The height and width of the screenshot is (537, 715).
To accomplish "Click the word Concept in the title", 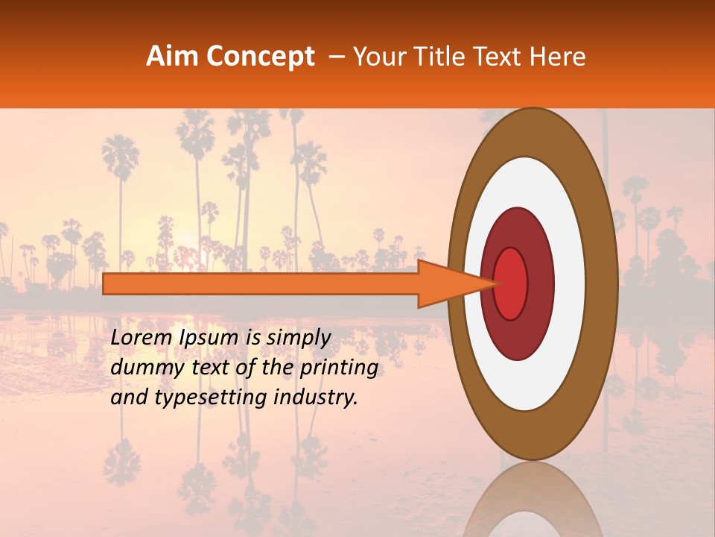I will click(x=260, y=57).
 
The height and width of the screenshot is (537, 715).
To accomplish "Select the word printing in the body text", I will click(x=339, y=368).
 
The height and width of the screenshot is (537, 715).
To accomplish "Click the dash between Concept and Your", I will click(x=336, y=57).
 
